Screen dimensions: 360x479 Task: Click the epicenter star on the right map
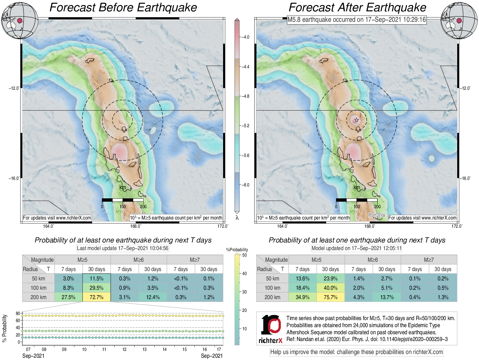356,120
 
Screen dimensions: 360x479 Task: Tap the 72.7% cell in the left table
97,297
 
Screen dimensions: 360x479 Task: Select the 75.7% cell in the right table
330,297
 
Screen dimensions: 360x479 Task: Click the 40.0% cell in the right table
330,288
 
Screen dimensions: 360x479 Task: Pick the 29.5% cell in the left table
97,288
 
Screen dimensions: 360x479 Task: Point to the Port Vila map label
377,215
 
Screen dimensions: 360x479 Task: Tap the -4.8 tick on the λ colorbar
245,96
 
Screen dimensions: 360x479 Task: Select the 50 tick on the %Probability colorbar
244,255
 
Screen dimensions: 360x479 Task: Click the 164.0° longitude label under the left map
48,226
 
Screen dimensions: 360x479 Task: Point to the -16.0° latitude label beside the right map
465,178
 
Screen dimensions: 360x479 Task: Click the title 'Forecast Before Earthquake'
123,8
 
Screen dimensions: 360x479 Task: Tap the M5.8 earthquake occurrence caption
357,20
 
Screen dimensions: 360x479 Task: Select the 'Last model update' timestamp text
123,248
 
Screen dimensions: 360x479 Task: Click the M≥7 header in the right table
429,260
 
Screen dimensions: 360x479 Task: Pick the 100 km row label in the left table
39,288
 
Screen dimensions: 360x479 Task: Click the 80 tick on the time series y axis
18,313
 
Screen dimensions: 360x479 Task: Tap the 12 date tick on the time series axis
124,349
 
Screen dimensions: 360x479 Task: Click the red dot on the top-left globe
20,20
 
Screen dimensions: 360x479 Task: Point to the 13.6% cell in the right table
302,278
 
